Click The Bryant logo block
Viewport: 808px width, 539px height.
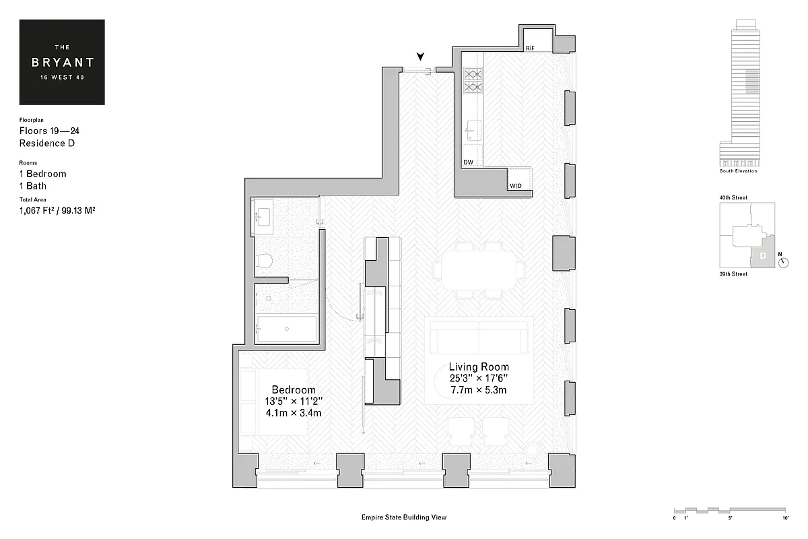pyautogui.click(x=62, y=62)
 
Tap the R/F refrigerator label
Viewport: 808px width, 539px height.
pyautogui.click(x=531, y=49)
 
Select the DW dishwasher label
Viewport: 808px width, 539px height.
pyautogui.click(x=469, y=162)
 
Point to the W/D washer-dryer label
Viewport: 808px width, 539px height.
pyautogui.click(x=516, y=185)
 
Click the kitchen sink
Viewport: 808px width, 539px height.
pyautogui.click(x=473, y=128)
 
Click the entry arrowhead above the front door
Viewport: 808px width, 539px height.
pyautogui.click(x=421, y=57)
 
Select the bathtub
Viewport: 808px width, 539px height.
pyautogui.click(x=287, y=329)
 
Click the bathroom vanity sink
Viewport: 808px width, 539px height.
pyautogui.click(x=262, y=217)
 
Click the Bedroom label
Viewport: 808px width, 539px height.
pyautogui.click(x=294, y=390)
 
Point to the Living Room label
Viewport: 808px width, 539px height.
pyautogui.click(x=479, y=367)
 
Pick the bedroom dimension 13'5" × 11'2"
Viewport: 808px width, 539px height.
pyautogui.click(x=294, y=402)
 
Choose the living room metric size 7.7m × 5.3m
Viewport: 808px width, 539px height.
pyautogui.click(x=479, y=390)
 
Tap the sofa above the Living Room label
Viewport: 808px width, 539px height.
pyautogui.click(x=479, y=334)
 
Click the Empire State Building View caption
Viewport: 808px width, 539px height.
pyautogui.click(x=404, y=517)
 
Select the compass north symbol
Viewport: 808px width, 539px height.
pyautogui.click(x=782, y=262)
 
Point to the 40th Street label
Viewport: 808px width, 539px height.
pyautogui.click(x=733, y=197)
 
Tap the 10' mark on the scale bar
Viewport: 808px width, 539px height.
pyautogui.click(x=784, y=517)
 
